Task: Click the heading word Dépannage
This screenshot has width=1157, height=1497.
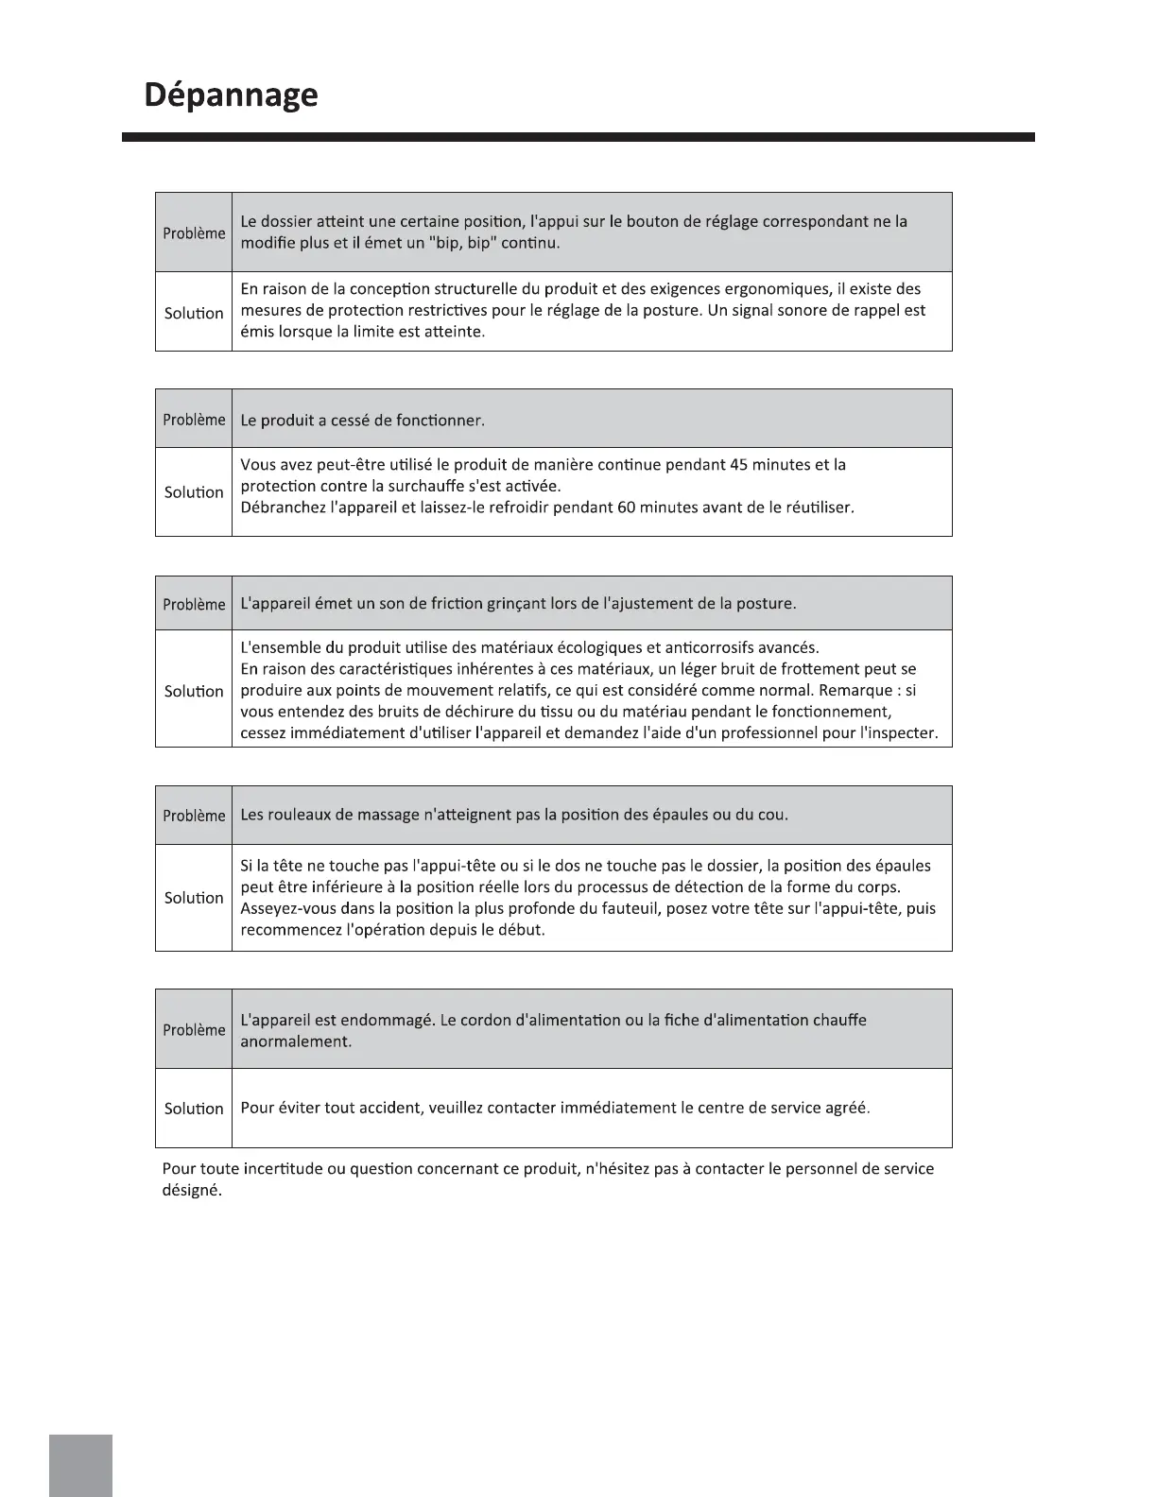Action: [x=231, y=96]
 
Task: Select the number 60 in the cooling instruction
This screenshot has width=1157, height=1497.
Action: [x=626, y=508]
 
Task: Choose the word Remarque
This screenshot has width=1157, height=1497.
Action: [x=855, y=691]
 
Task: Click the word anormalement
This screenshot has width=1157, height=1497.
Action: [x=296, y=1042]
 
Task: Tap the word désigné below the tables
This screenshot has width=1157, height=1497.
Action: [x=192, y=1191]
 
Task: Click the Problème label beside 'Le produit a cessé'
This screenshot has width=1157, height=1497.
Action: [x=194, y=420]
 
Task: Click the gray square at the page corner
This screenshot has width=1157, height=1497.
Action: [x=80, y=1465]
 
